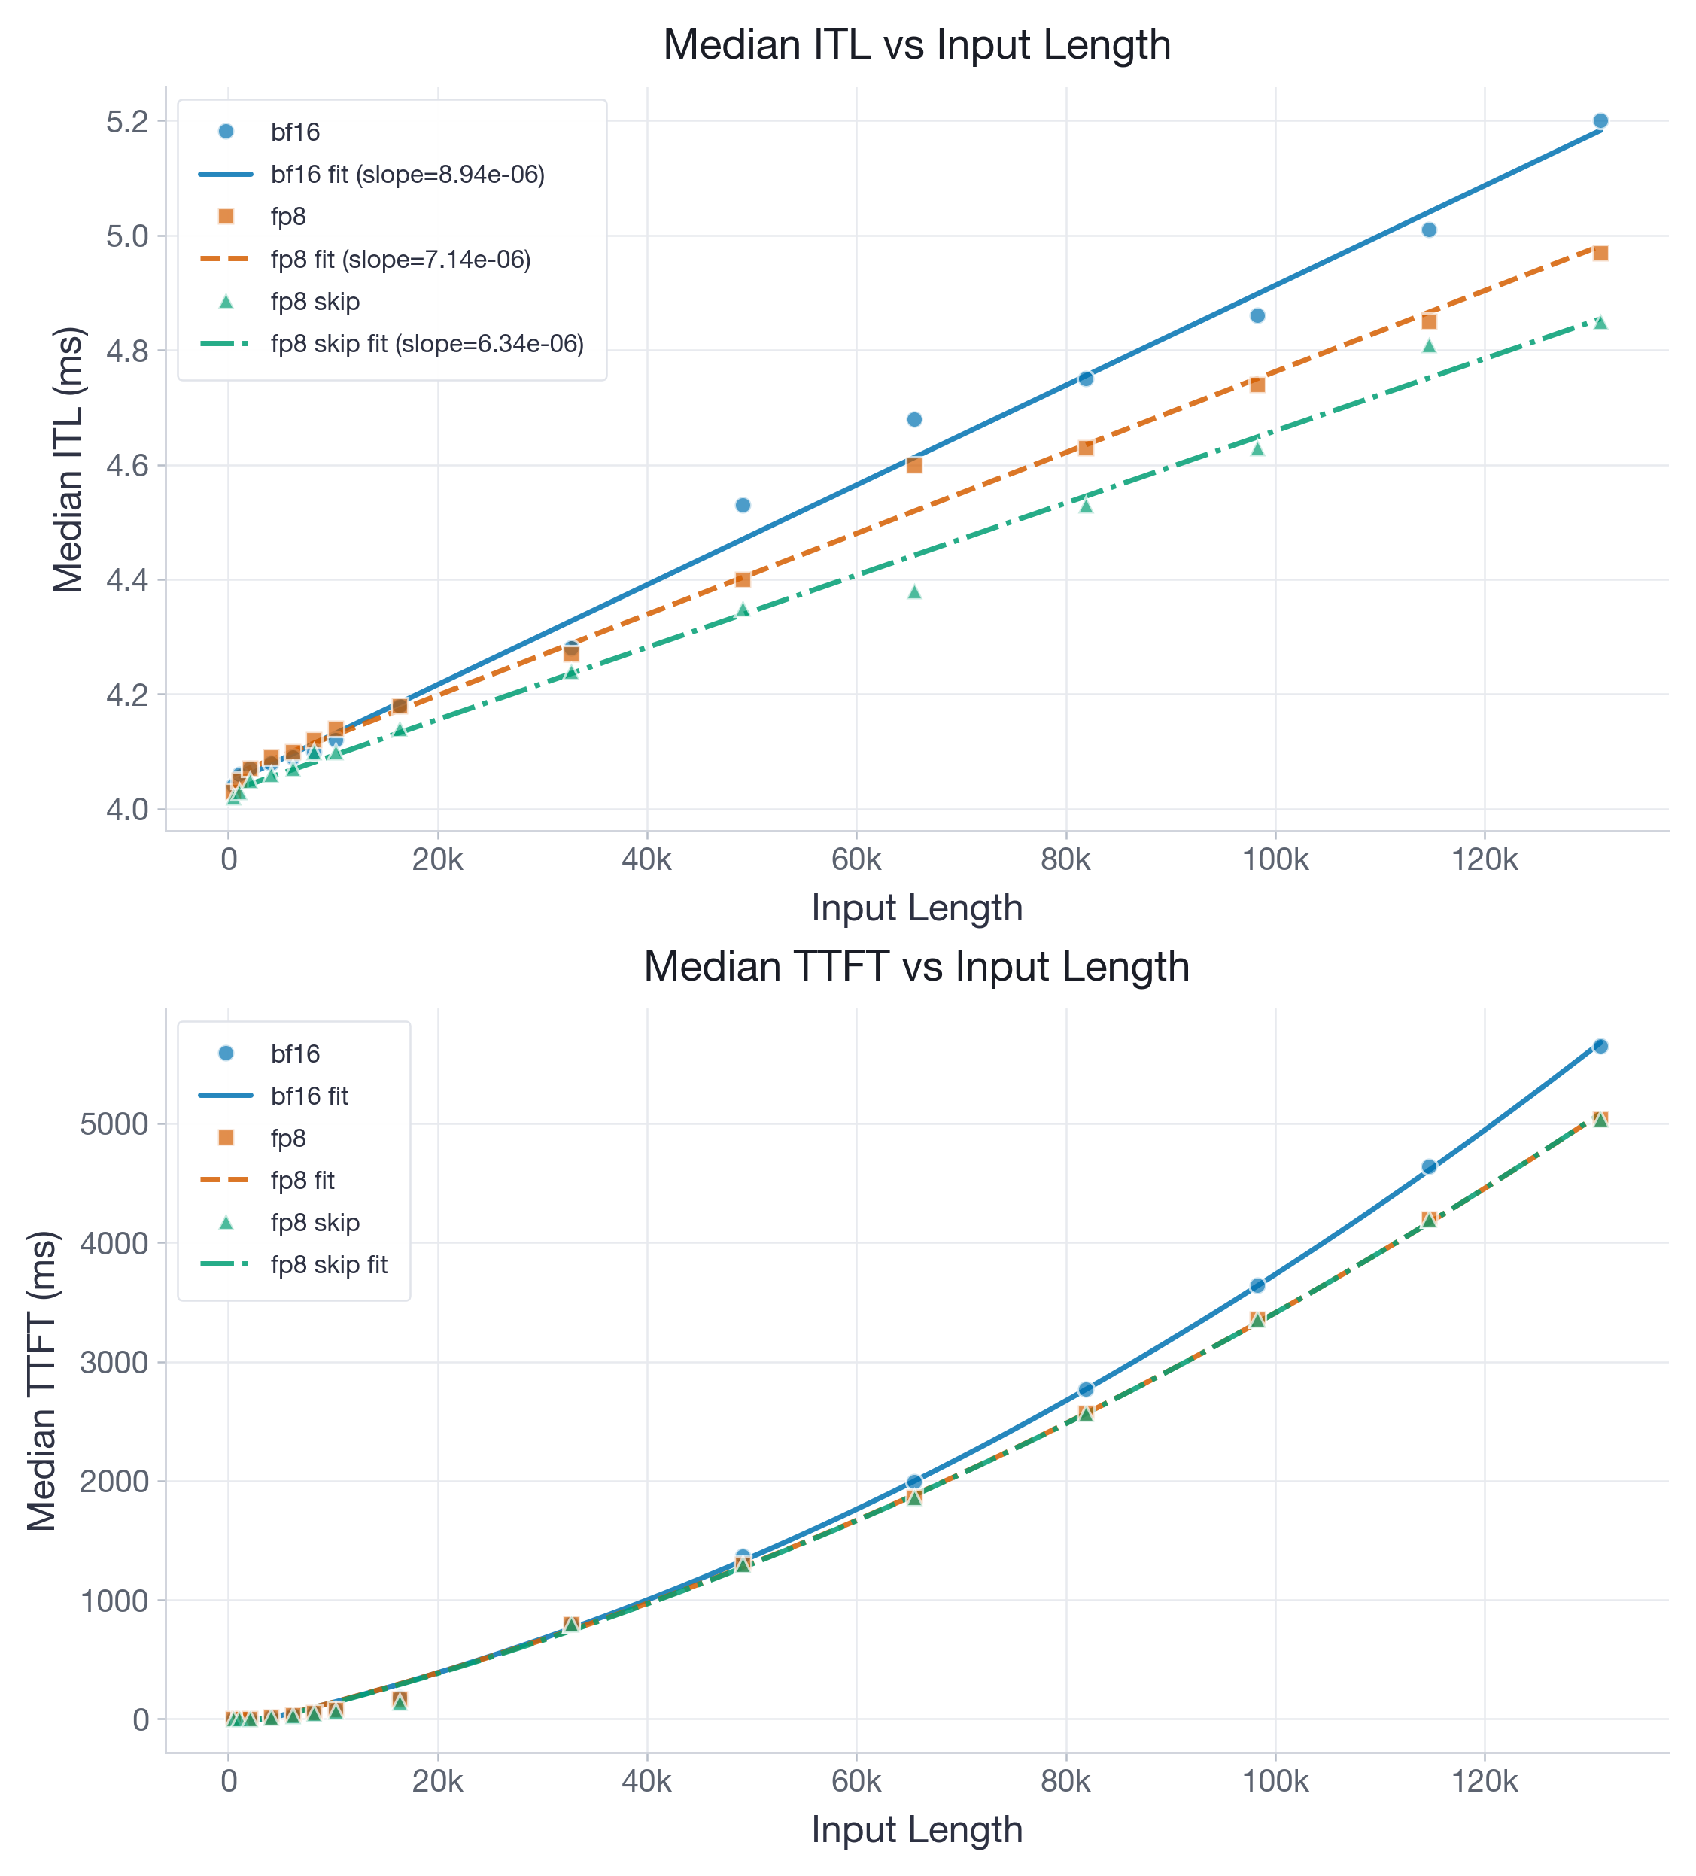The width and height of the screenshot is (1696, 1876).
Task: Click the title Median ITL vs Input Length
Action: pos(916,44)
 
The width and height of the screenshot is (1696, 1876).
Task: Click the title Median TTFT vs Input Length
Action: pos(916,967)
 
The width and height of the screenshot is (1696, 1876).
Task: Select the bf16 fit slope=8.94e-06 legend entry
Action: pos(406,174)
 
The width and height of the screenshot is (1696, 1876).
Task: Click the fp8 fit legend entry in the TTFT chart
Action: pos(302,1180)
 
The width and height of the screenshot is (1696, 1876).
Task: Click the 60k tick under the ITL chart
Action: pos(856,859)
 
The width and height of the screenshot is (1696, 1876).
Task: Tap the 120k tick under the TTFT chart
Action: pos(1484,1781)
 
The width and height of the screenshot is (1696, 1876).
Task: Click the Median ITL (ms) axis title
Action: pos(68,460)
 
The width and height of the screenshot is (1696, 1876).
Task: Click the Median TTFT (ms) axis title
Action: pos(43,1381)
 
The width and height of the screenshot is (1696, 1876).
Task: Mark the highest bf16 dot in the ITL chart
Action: pos(1600,121)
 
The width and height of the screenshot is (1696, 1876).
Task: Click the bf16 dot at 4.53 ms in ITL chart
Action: pos(743,505)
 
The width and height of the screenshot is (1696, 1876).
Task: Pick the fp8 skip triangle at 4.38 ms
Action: pos(913,591)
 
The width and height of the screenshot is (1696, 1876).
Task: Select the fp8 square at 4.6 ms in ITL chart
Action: pos(913,465)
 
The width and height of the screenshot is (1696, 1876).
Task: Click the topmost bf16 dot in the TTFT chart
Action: pos(1600,1046)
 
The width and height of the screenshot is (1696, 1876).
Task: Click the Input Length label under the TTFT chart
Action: pos(916,1829)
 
